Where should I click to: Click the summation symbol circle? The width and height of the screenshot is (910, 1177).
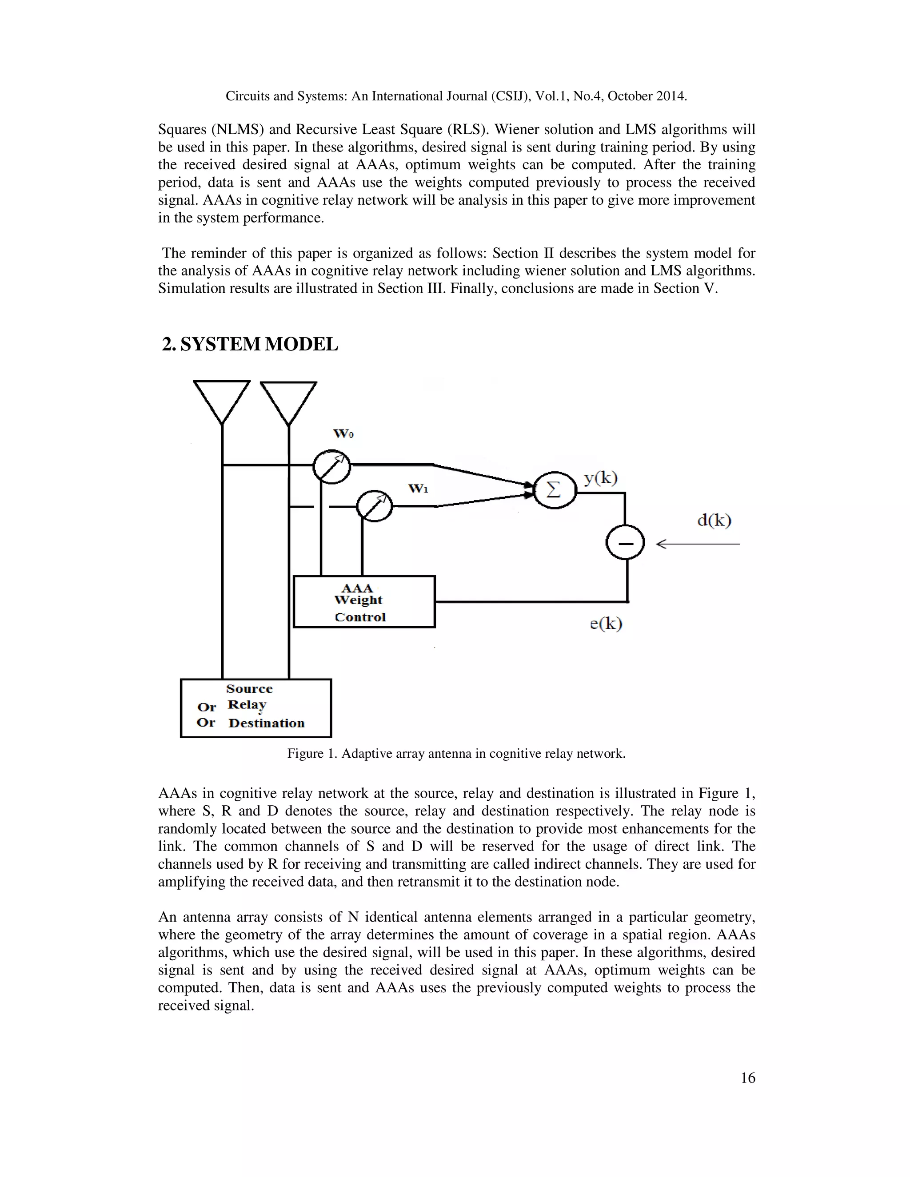[x=554, y=490]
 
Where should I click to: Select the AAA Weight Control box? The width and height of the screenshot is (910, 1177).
[x=364, y=601]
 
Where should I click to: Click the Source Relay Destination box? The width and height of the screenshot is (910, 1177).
[x=255, y=708]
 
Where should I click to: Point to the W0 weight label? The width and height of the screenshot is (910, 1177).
[x=343, y=434]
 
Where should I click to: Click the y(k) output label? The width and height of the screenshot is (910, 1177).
[x=601, y=477]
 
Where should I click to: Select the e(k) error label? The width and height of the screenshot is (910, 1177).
[x=606, y=624]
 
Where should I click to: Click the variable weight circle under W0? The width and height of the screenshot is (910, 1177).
[x=331, y=466]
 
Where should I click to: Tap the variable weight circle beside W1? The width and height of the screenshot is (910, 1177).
[x=375, y=506]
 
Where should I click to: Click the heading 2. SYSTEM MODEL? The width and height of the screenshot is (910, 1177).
[x=250, y=344]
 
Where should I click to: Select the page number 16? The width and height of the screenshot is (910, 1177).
[x=748, y=1078]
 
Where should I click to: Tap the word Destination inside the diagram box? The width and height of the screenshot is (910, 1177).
[x=266, y=723]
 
